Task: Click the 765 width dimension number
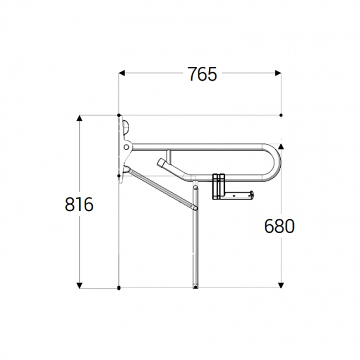(x=201, y=74)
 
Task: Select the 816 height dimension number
(x=79, y=204)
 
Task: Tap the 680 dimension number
(x=279, y=225)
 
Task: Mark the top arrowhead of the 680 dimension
(x=281, y=147)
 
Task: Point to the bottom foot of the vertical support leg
(x=195, y=285)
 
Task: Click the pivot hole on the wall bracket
(x=127, y=148)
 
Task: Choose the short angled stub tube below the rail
(x=166, y=166)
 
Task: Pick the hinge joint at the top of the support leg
(x=195, y=188)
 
